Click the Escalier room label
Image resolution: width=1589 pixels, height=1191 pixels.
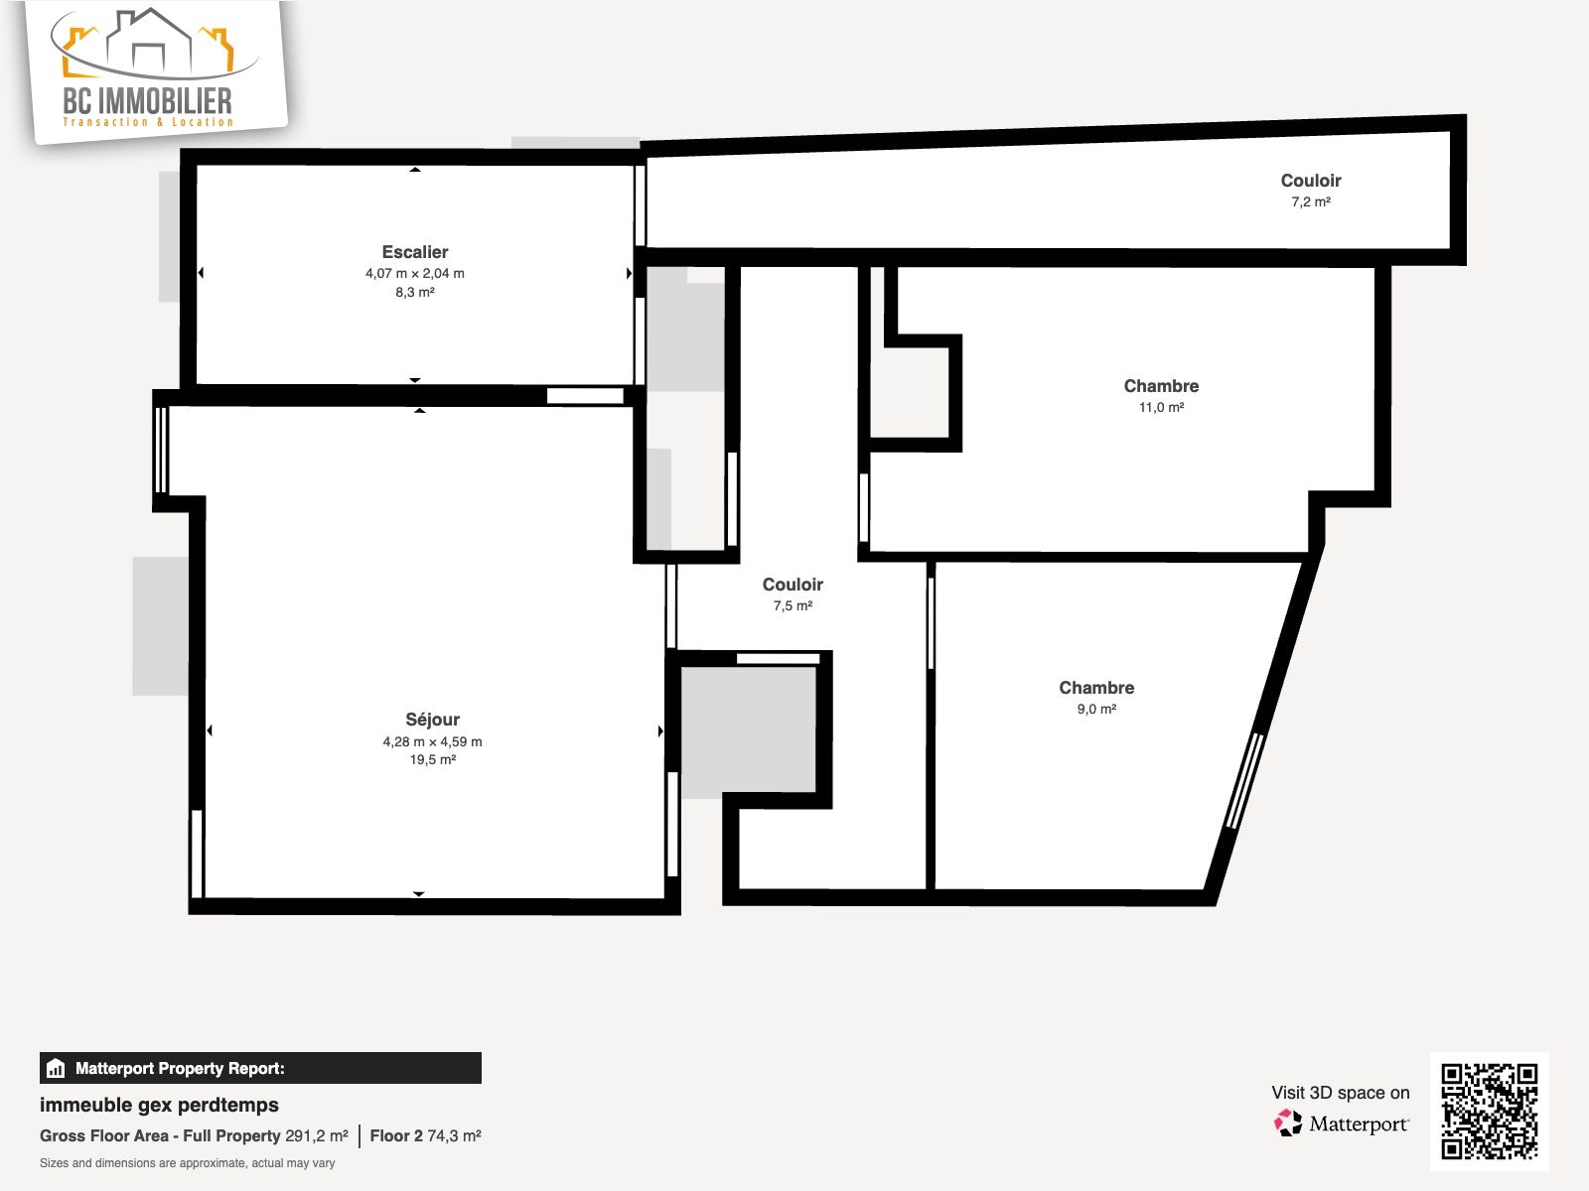[415, 252]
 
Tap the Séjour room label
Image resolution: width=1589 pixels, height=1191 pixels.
[432, 719]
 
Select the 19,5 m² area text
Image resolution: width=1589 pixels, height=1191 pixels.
[432, 759]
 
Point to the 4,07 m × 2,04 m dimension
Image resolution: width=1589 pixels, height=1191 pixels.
[415, 273]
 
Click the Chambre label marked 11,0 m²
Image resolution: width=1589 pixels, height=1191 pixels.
[1161, 386]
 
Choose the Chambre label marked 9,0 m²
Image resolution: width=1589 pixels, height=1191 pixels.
[1096, 688]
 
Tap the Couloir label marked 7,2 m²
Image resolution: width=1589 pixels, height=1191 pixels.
[1310, 181]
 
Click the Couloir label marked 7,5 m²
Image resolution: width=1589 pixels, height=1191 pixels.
[792, 585]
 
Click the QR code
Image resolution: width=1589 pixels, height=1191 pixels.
[1489, 1111]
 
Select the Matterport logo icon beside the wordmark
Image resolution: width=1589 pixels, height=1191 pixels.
[1287, 1124]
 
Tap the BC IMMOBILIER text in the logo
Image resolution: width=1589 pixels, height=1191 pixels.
[148, 100]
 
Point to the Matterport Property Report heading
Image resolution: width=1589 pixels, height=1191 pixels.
[180, 1068]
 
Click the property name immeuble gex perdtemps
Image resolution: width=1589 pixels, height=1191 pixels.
[159, 1105]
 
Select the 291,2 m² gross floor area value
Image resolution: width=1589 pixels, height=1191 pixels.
[317, 1135]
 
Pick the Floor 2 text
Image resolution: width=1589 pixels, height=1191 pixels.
[396, 1135]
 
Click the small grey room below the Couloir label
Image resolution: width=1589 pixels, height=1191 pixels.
[749, 729]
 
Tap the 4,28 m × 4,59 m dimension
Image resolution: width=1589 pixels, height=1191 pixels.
[432, 741]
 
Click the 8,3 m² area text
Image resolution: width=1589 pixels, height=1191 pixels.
[415, 292]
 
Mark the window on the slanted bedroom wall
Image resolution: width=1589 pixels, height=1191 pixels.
[1245, 781]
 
